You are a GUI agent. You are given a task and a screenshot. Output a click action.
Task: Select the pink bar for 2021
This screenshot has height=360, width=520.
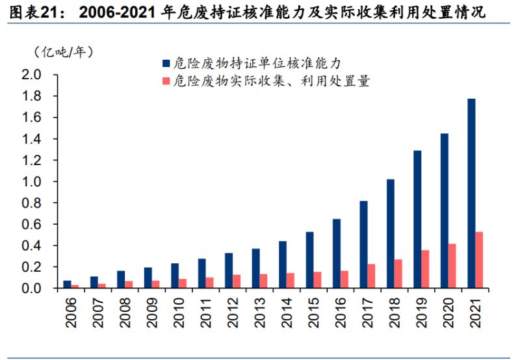(479, 260)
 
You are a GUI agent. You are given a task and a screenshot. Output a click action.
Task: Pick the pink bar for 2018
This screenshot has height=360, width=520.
(398, 274)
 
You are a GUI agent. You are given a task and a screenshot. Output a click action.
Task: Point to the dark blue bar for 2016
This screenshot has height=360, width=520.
(337, 253)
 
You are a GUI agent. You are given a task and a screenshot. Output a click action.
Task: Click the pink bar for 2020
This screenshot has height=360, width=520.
(452, 266)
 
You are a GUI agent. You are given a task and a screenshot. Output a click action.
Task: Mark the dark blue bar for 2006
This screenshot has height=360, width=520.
(67, 284)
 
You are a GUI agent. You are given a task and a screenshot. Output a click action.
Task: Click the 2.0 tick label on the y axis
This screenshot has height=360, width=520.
(31, 75)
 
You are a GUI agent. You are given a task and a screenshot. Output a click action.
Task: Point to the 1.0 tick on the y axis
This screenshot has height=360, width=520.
(31, 182)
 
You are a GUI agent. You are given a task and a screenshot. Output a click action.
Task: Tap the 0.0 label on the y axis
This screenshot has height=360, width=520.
(31, 289)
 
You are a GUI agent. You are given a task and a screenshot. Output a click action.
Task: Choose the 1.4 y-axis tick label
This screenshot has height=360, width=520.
(31, 139)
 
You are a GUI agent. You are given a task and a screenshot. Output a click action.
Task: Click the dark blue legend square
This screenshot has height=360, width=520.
(166, 63)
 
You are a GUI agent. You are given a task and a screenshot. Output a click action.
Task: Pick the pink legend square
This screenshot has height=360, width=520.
(166, 82)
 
